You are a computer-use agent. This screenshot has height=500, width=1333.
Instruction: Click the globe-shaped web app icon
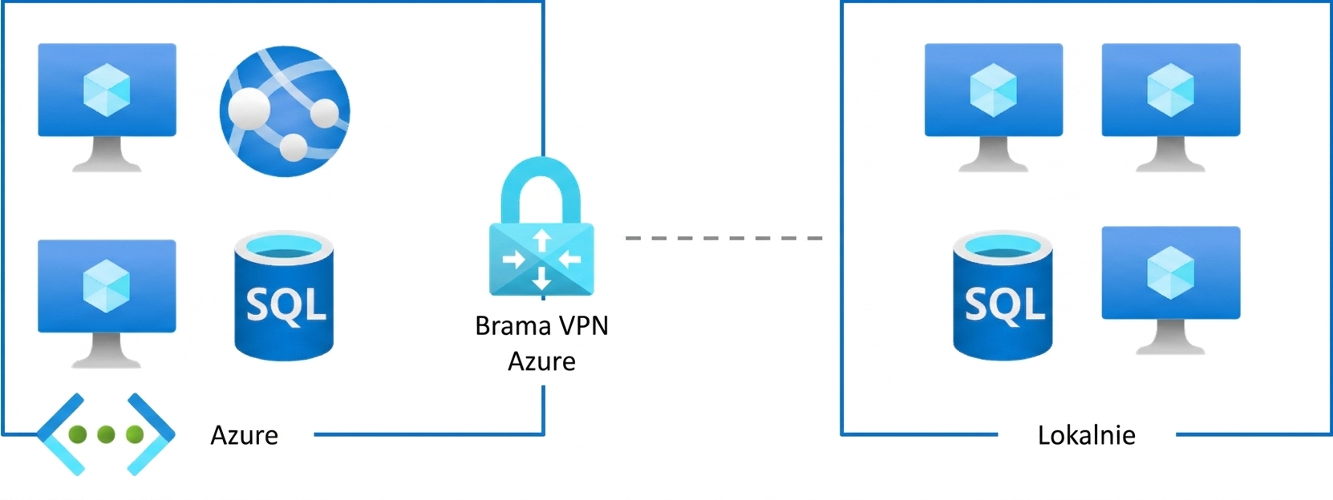[x=285, y=111]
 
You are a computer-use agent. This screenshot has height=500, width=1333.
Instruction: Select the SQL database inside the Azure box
[x=284, y=296]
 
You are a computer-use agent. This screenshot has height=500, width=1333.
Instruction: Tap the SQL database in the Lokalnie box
[x=1003, y=296]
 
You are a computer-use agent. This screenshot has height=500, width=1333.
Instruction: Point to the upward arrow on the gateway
[x=541, y=240]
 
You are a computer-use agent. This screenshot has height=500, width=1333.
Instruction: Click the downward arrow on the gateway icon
[x=541, y=278]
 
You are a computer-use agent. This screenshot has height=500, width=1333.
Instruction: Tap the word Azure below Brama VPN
[x=541, y=361]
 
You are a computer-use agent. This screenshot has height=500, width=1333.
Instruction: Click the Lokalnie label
[x=1087, y=435]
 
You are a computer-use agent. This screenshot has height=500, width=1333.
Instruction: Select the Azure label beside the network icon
[x=244, y=435]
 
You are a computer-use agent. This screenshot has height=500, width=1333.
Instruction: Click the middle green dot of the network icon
[x=106, y=434]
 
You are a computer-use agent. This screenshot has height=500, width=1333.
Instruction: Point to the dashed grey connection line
[x=723, y=238]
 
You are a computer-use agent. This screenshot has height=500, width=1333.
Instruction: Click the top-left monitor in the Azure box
[x=107, y=107]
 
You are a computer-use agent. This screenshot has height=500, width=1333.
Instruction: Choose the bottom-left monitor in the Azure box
[x=107, y=304]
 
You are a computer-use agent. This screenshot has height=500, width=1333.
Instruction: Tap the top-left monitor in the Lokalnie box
[x=993, y=107]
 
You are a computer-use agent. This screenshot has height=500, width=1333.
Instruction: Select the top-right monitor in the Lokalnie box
[x=1170, y=107]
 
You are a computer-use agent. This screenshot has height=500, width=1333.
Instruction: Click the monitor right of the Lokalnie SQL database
[x=1170, y=291]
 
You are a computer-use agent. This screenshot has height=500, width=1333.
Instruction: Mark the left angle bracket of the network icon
[x=59, y=434]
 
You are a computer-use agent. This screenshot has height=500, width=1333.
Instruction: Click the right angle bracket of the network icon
[x=152, y=434]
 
